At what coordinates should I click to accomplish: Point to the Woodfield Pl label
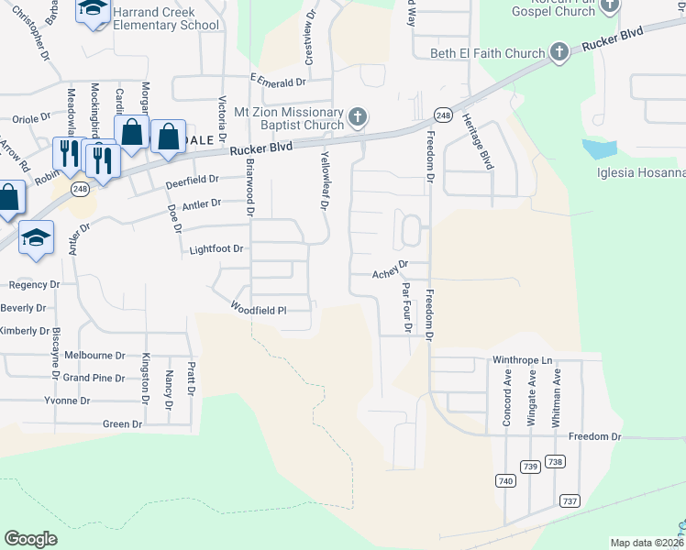tap(259, 309)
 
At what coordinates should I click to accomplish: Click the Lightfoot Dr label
tap(216, 248)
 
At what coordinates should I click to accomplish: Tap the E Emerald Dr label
tap(277, 81)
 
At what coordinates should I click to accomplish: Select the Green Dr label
tap(123, 423)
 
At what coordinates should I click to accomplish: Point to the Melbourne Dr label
tap(94, 355)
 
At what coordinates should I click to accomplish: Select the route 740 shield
tap(505, 480)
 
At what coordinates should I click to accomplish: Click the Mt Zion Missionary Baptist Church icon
tap(358, 117)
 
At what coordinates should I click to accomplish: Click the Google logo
tap(31, 539)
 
